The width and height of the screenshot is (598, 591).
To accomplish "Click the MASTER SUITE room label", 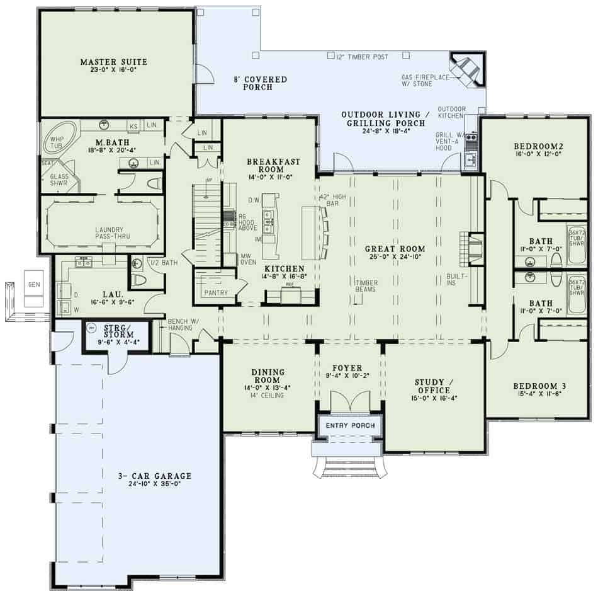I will pos(113,62).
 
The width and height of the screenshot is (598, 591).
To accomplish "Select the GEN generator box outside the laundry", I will pos(33,285).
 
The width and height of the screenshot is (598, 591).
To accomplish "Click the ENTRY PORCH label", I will pos(350,426).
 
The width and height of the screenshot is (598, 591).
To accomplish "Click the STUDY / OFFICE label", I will pos(434,386).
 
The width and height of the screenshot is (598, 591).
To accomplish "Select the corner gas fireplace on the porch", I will pos(466,69).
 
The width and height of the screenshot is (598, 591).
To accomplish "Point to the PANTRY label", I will pos(215,293).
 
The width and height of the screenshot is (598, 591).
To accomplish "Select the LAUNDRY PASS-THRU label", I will pos(102,234).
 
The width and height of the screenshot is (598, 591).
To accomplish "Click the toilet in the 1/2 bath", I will pos(139,280).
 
